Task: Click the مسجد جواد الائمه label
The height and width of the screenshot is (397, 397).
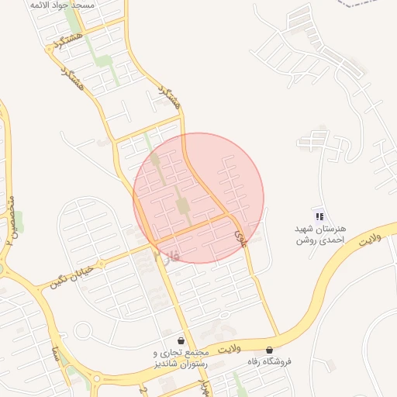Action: (x=62, y=5)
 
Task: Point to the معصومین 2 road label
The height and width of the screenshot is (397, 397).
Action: (x=10, y=222)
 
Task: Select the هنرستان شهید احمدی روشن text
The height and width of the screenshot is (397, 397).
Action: (x=320, y=235)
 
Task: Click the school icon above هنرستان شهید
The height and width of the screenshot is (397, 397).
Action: (x=319, y=216)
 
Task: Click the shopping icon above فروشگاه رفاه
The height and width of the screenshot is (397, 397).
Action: (x=269, y=350)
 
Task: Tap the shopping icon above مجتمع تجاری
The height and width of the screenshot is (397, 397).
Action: (x=181, y=340)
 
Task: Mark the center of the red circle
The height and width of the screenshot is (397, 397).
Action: (x=198, y=198)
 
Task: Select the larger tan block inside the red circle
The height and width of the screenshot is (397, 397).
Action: (x=183, y=205)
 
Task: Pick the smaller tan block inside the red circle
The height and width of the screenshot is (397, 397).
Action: (x=155, y=160)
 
